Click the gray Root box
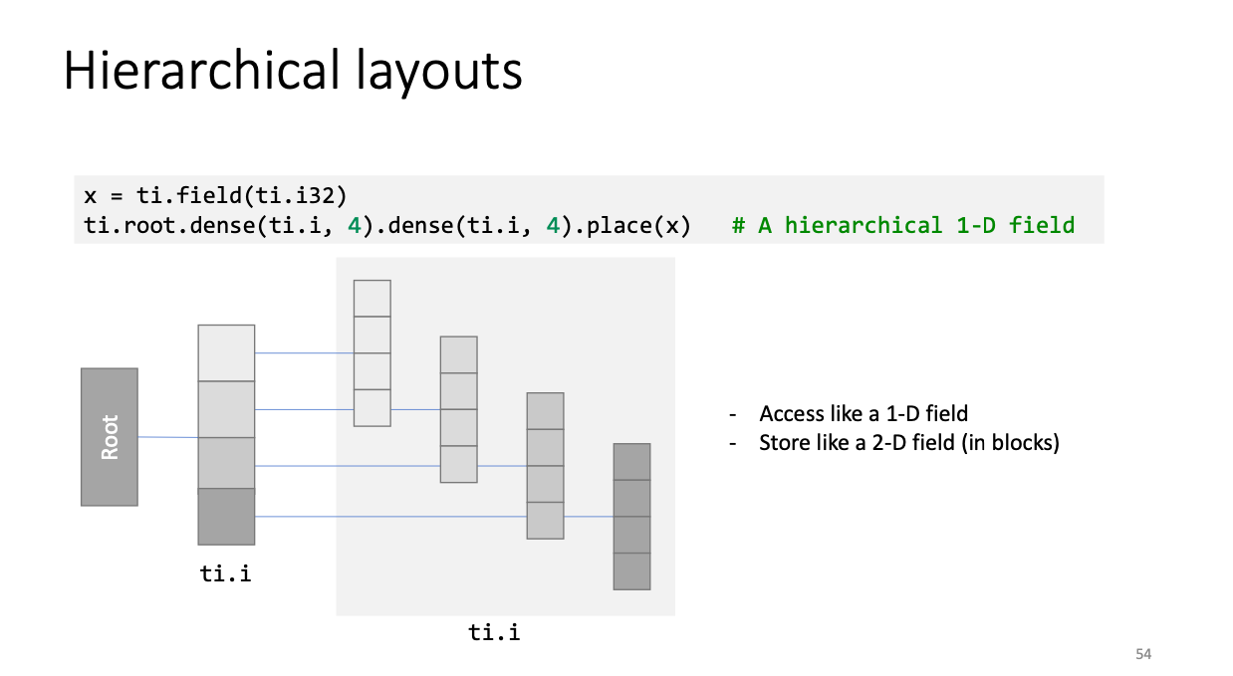click(109, 437)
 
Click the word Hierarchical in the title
click(201, 71)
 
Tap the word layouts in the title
click(438, 73)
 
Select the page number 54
click(1143, 654)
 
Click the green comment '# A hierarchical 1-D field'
click(903, 225)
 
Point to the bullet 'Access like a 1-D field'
click(863, 413)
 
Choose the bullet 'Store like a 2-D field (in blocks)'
click(909, 443)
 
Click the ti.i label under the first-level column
click(226, 573)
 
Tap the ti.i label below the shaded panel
click(494, 632)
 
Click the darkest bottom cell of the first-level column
click(226, 517)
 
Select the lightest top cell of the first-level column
click(226, 352)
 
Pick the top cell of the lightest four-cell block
click(372, 298)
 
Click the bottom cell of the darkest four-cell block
click(631, 571)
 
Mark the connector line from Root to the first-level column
click(168, 437)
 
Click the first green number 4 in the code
click(355, 226)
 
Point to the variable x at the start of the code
click(91, 196)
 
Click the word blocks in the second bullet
click(1022, 443)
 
